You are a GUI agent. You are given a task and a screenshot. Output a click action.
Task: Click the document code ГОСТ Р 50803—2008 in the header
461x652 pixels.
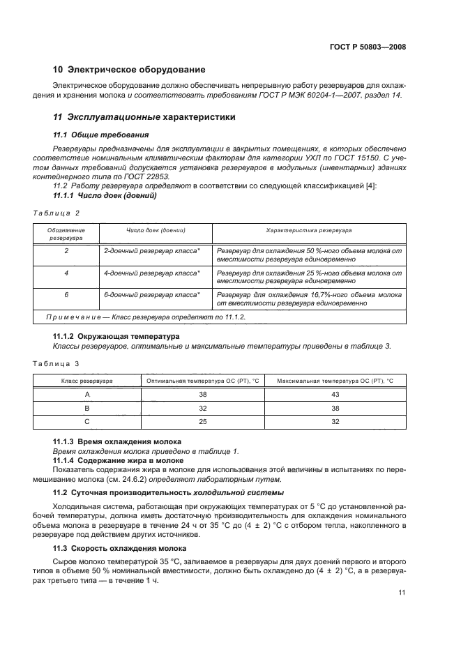[367, 47]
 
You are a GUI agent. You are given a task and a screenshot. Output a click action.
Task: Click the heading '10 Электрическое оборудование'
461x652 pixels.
[129, 70]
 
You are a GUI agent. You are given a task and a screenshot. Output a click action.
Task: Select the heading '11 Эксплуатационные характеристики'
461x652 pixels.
[144, 117]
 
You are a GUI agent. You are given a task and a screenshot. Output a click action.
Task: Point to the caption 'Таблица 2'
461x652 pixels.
[57, 212]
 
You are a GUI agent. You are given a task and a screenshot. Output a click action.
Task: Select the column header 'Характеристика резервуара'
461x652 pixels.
[309, 229]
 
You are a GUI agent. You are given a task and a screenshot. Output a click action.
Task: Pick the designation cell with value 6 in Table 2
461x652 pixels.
[66, 295]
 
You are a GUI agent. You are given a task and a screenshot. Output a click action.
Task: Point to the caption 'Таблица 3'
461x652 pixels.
[57, 363]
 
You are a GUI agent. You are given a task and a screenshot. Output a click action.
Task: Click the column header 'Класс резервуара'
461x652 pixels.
[87, 381]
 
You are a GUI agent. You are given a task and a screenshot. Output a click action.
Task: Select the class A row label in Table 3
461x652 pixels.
[87, 394]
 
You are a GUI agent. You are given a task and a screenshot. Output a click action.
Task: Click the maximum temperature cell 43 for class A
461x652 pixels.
[335, 394]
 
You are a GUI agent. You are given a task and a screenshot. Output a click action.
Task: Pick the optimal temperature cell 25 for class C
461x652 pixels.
[203, 421]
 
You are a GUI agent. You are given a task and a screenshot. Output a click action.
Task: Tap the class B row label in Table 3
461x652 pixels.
[87, 408]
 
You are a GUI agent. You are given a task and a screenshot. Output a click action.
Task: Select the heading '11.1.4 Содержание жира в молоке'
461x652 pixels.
[119, 461]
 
